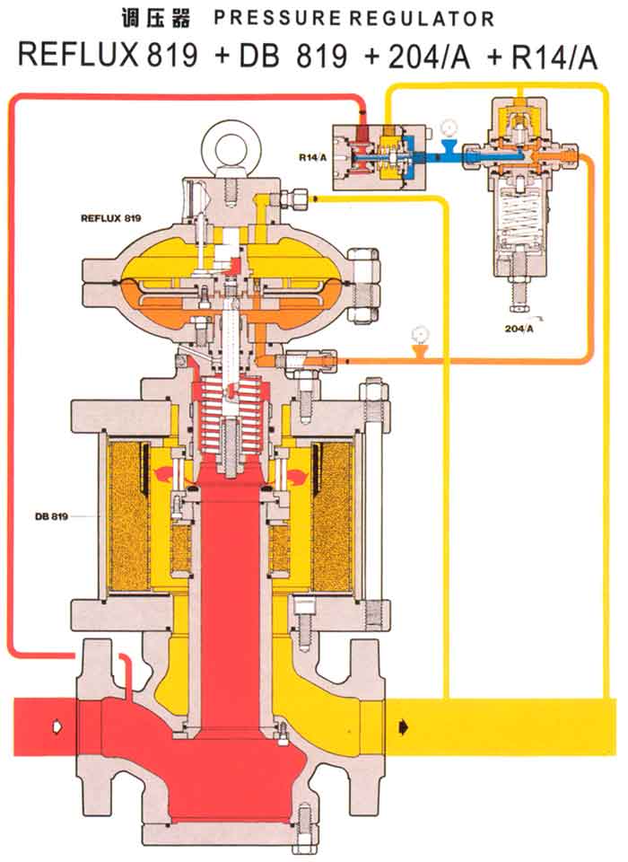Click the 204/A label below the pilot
pos(519,329)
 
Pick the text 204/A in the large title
pos(422,56)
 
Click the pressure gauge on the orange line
pos(417,335)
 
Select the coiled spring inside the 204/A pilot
pos(518,224)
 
